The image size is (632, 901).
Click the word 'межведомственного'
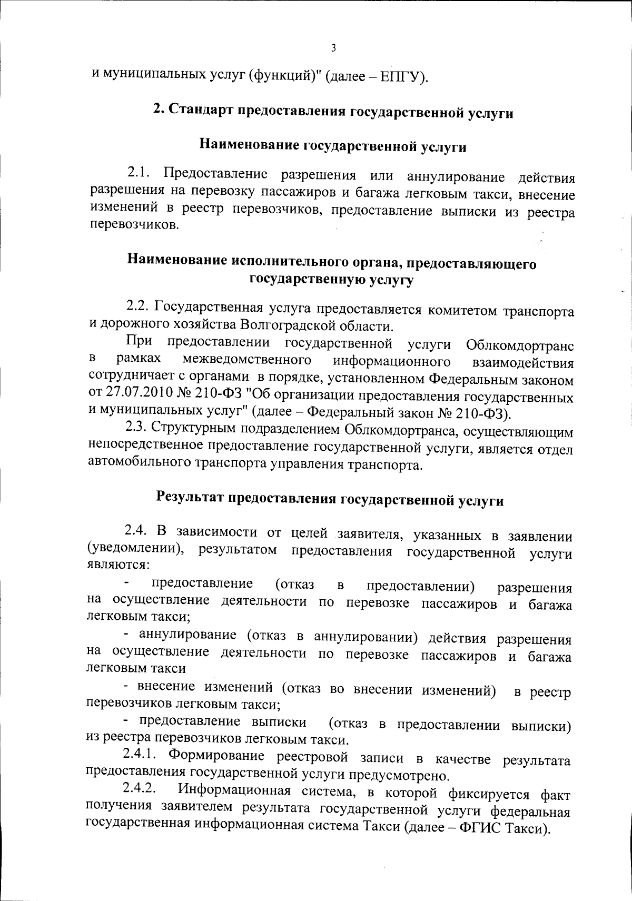click(246, 361)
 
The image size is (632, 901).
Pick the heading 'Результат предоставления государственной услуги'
click(330, 499)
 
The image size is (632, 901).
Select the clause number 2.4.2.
click(140, 789)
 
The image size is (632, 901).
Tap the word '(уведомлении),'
click(137, 551)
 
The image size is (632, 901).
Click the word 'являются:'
click(118, 565)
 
